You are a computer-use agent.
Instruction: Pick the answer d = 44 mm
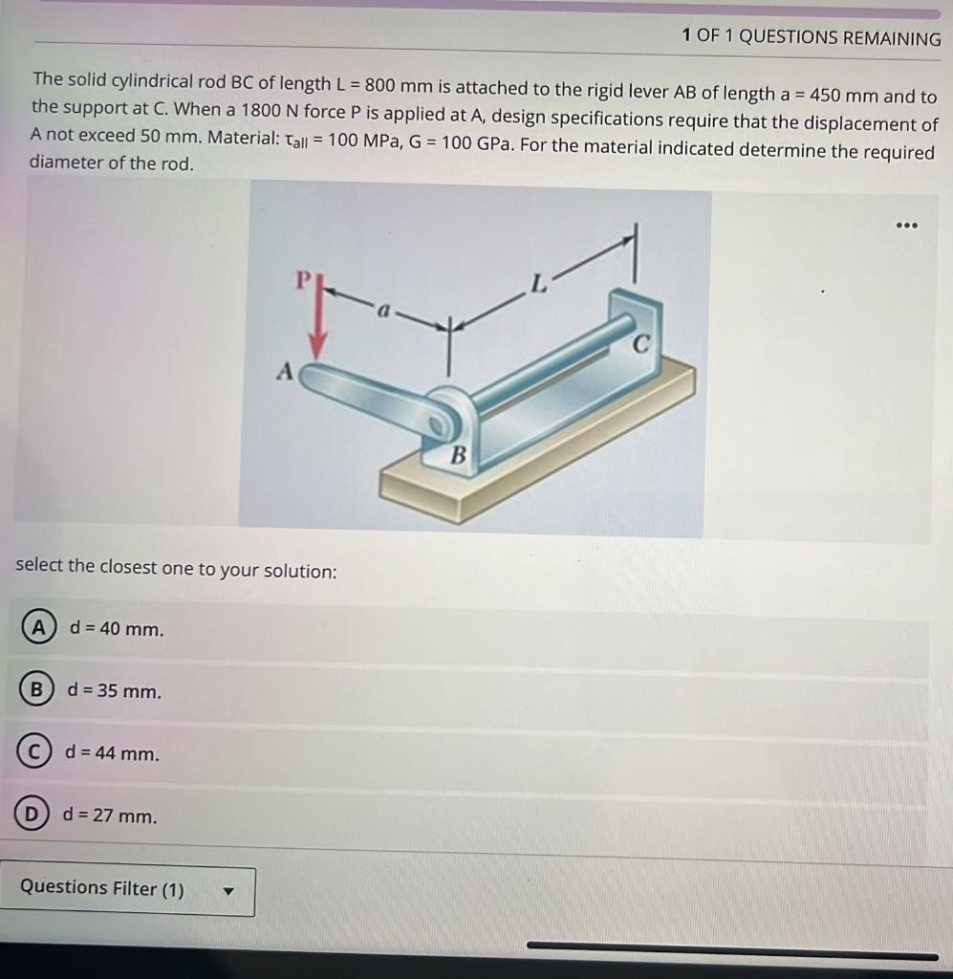point(112,753)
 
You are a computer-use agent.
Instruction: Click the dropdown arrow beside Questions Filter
point(228,891)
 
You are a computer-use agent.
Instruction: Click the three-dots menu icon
point(907,226)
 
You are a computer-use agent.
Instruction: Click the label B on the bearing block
point(458,456)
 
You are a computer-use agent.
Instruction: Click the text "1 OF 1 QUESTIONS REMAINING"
point(812,38)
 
